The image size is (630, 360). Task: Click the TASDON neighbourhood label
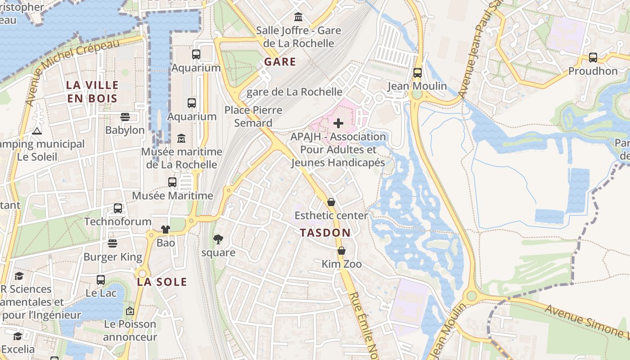pos(325,233)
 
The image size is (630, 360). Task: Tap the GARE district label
pos(280,62)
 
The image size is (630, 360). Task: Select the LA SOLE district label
pos(162,282)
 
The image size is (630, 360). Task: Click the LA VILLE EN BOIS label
pos(92,91)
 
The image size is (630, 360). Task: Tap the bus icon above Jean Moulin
pos(418,72)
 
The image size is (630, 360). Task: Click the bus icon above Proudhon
pos(593,58)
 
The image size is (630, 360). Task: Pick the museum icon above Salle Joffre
pos(298,17)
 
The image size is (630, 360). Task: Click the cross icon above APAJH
pos(338,123)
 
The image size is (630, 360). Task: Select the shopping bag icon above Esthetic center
pos(331,202)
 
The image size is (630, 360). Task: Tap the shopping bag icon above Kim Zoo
pos(342,251)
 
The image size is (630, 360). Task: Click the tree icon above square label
pos(218,239)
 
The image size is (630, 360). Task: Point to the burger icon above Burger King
pos(112,243)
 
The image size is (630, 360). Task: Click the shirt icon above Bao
pos(165,229)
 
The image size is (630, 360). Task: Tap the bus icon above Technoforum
pos(118,208)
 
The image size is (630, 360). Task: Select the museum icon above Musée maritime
pos(181,138)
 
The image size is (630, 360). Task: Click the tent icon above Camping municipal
pos(37,131)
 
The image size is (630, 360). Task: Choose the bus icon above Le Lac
pos(101,279)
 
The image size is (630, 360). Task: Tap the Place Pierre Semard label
pos(253,116)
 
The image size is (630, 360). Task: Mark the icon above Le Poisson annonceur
pos(130,310)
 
